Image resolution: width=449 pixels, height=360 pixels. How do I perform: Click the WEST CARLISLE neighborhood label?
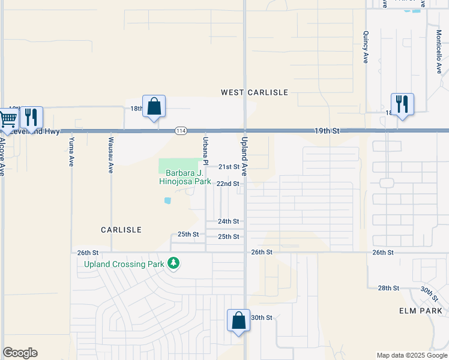pyautogui.click(x=255, y=92)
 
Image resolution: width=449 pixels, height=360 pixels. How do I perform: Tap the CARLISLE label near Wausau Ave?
pyautogui.click(x=121, y=230)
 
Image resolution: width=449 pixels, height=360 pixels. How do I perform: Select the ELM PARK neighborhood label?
pyautogui.click(x=420, y=311)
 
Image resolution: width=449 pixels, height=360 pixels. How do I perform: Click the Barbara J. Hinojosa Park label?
pyautogui.click(x=185, y=176)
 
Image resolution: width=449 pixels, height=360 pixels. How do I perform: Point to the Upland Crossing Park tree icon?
pyautogui.click(x=173, y=263)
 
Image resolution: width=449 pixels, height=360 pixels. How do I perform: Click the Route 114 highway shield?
pyautogui.click(x=181, y=131)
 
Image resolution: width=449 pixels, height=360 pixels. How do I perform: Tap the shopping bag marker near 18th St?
pyautogui.click(x=154, y=106)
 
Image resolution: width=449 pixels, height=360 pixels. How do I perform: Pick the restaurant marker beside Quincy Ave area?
pyautogui.click(x=402, y=104)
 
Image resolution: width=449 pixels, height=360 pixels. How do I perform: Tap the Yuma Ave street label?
pyautogui.click(x=71, y=151)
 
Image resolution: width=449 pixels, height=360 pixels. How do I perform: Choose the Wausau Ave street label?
pyautogui.click(x=110, y=155)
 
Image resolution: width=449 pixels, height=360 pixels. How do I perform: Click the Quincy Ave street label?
pyautogui.click(x=365, y=48)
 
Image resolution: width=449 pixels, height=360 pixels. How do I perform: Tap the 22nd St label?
pyautogui.click(x=228, y=184)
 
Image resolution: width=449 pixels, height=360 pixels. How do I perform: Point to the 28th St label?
pyautogui.click(x=388, y=289)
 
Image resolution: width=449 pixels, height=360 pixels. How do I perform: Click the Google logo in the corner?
pyautogui.click(x=20, y=353)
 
